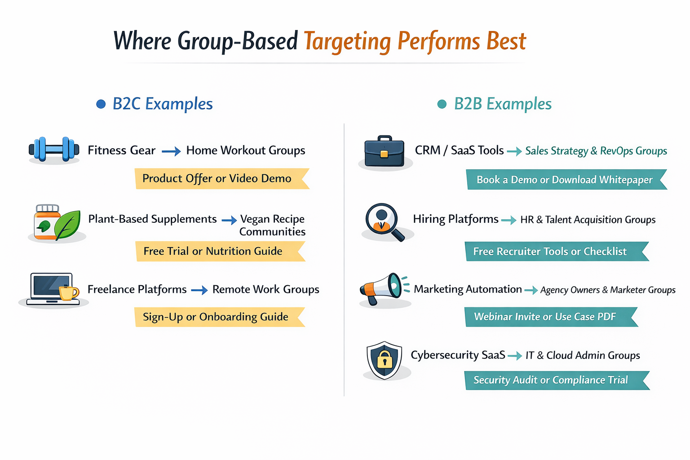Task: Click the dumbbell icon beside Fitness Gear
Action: pos(54,149)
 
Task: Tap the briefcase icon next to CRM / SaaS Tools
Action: pos(384,151)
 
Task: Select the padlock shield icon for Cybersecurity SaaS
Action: pos(384,360)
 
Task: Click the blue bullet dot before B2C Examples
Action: pos(101,104)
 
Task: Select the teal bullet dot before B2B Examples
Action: pos(442,104)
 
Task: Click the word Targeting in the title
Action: pos(347,42)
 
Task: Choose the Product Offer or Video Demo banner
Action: pos(220,179)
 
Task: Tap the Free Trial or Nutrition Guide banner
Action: pos(218,251)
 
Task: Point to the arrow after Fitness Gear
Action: pos(171,152)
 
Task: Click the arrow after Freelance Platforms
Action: pos(199,291)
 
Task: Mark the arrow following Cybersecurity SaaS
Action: pos(515,356)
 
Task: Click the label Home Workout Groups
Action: pos(246,150)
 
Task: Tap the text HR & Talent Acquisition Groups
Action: pos(588,220)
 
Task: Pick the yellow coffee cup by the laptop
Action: pos(68,292)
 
